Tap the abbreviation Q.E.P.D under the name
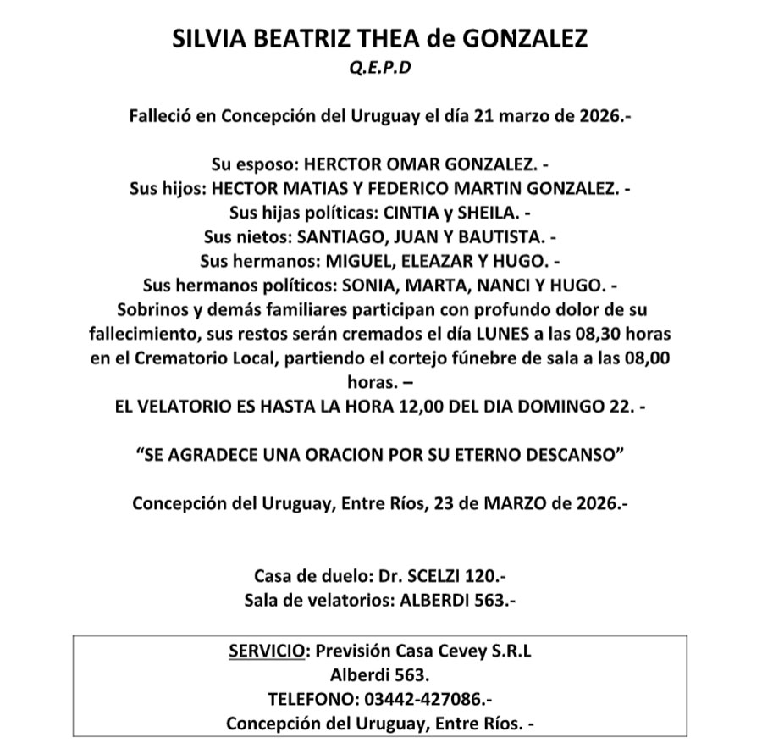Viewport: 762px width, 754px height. point(380,69)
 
